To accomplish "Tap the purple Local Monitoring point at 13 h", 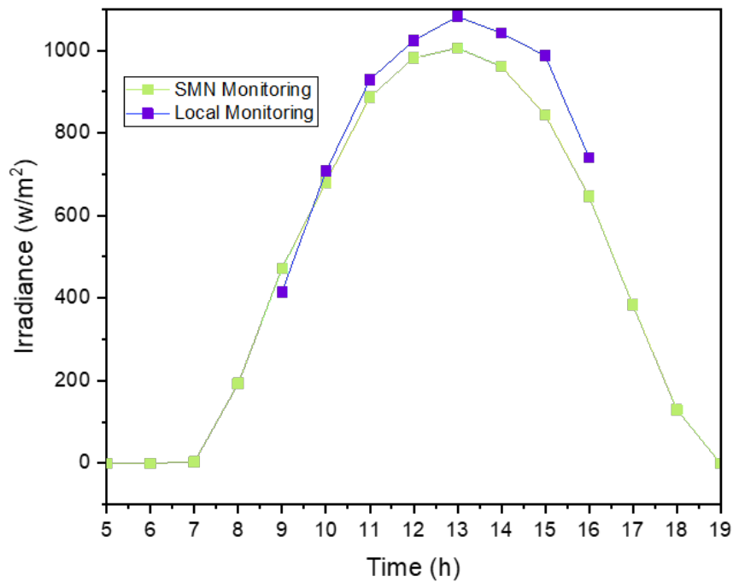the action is tap(457, 16).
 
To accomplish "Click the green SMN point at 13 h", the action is tap(457, 48).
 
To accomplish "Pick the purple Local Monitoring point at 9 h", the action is tap(282, 292).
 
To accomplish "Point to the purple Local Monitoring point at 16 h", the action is tap(589, 157).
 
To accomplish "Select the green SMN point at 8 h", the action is tap(238, 383).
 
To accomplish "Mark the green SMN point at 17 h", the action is tap(632, 304).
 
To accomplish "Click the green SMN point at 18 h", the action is tap(677, 409).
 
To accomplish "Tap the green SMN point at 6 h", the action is tap(150, 463).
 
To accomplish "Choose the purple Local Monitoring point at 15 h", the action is tap(545, 56).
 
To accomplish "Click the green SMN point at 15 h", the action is tap(545, 115).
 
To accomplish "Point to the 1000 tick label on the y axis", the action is tap(67, 50).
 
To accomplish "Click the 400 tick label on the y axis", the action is tap(73, 297).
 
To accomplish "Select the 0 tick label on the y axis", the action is tap(85, 462).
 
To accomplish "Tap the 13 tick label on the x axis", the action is tap(457, 530).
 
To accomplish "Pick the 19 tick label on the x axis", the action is tap(719, 530).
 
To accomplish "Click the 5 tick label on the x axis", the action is tap(107, 530).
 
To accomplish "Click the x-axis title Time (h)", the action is tap(413, 567).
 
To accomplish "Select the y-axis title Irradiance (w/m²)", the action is tap(25, 256).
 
